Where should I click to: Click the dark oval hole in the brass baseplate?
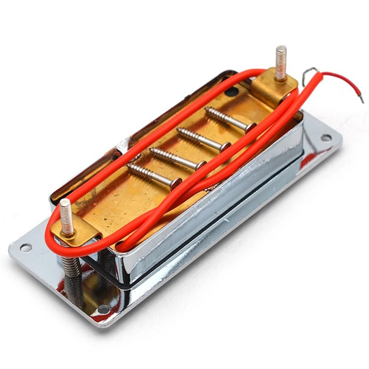(x=232, y=91)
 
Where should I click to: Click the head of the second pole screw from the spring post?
(x=201, y=164)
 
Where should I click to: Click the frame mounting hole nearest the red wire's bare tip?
(x=326, y=137)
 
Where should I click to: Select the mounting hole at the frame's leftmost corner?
(x=25, y=247)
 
